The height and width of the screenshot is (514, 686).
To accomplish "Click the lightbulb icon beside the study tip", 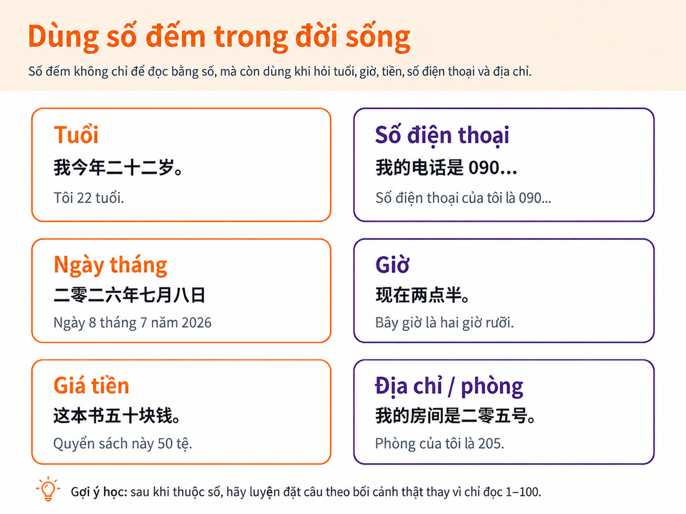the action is click(x=48, y=488).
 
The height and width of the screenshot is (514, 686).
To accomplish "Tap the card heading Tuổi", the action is click(x=76, y=135).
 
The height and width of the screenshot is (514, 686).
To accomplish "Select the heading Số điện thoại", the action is click(x=442, y=136).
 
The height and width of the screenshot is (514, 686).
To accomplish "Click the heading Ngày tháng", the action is click(x=110, y=265).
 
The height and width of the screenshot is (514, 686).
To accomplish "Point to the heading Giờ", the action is click(x=392, y=264).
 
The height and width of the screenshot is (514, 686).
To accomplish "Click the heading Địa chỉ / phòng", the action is click(x=449, y=386).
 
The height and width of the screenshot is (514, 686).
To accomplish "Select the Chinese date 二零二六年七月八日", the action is click(x=129, y=294).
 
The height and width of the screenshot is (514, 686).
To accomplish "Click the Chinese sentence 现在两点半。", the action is click(x=422, y=294).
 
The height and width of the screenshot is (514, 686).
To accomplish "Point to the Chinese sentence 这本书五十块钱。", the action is click(x=117, y=416).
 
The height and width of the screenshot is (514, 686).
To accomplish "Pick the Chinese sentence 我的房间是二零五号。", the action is click(x=455, y=416).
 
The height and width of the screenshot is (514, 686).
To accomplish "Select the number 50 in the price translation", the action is click(x=165, y=443).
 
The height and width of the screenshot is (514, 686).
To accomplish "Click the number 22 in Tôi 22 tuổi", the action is click(x=84, y=198).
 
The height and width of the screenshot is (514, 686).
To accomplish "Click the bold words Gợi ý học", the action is click(x=99, y=493).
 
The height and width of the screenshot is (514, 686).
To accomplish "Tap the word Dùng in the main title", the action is click(x=63, y=36).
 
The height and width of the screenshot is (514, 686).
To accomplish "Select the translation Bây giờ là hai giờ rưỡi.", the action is click(x=444, y=323).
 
